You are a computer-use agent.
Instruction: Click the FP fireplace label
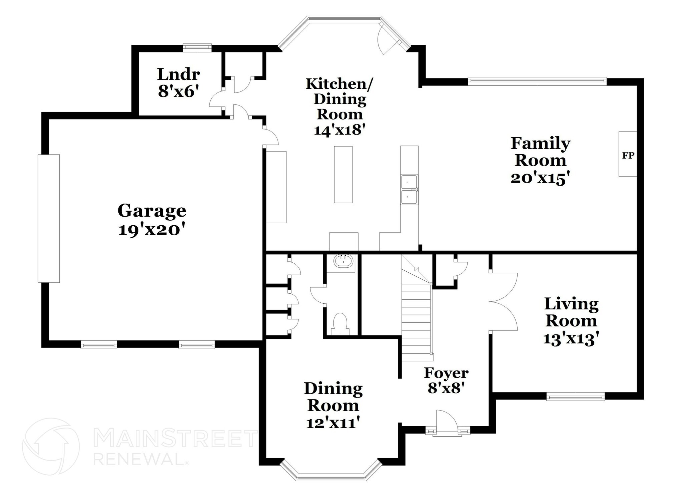628,156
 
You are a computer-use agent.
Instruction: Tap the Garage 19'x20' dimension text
151,230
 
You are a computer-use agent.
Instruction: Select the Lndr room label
178,74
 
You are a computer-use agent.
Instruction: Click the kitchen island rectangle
343,174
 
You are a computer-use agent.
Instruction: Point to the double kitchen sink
409,190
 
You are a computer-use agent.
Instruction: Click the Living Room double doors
504,302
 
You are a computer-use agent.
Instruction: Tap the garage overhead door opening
49,218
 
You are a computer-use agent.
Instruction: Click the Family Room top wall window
537,80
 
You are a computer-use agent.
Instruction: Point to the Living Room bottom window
575,397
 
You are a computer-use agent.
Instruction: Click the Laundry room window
197,48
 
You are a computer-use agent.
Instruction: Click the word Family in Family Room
540,144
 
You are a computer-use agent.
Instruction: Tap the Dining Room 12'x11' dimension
333,423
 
